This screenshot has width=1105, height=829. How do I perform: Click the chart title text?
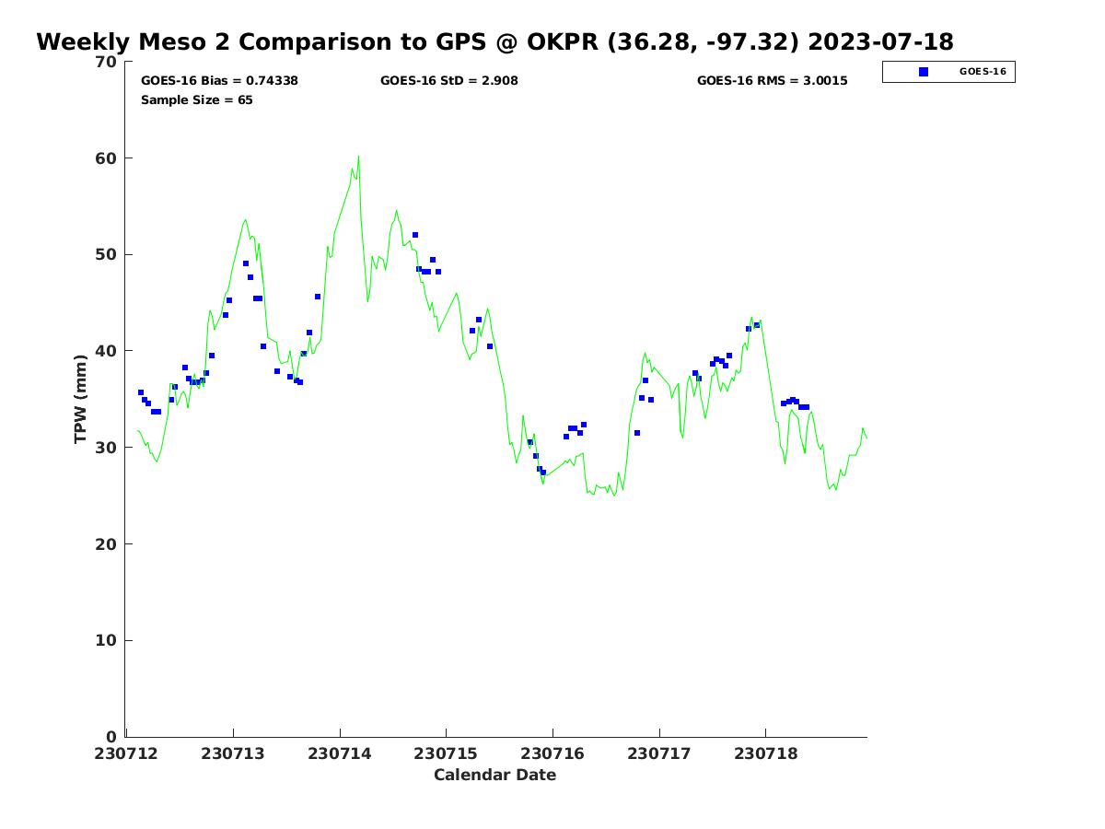pos(494,42)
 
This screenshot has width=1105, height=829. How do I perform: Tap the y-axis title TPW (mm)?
pos(81,399)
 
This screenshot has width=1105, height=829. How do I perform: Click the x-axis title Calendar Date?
pos(494,775)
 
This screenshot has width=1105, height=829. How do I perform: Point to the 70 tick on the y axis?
pos(108,62)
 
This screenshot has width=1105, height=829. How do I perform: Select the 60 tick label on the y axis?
pos(108,158)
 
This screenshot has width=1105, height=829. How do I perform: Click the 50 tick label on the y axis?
pos(108,254)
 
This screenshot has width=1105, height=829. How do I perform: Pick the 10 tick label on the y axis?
pos(108,640)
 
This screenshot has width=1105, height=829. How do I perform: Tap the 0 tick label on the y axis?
pos(112,737)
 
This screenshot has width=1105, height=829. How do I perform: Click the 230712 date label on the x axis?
pos(126,753)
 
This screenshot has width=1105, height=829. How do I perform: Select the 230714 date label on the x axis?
pos(340,753)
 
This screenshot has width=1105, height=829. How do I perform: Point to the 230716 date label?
pos(552,753)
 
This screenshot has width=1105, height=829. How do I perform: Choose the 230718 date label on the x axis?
pos(766,753)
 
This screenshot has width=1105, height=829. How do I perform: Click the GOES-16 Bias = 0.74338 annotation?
pos(219,81)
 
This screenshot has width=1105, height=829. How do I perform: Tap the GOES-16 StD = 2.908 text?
pos(448,81)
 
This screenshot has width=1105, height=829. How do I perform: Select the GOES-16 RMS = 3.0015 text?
pos(772,81)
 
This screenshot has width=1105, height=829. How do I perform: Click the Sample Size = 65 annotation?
pos(196,100)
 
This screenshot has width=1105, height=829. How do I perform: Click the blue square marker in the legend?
pos(924,72)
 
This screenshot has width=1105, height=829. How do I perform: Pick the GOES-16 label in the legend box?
pos(983,72)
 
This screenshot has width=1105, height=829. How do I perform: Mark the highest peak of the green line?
pos(358,157)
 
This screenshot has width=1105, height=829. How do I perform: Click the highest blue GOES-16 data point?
pos(415,235)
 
